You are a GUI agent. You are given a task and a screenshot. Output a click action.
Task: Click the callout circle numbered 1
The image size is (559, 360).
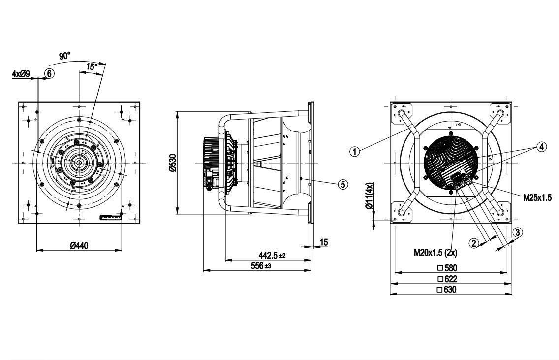pos(354,151)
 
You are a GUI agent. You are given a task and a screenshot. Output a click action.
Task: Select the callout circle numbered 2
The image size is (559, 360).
pos(474,243)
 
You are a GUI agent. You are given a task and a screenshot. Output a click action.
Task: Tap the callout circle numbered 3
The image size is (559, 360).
pos(517,232)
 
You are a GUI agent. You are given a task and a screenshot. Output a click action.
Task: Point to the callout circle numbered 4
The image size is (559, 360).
pos(541,147)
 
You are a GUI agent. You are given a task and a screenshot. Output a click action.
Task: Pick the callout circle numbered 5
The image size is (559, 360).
pos(343,184)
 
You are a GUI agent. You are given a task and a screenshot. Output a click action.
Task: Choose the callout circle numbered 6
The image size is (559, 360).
pos(49,73)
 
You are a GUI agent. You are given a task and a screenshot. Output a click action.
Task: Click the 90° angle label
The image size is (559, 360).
pos(65,56)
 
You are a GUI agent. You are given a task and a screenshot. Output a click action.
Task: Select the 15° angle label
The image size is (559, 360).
pos(92,66)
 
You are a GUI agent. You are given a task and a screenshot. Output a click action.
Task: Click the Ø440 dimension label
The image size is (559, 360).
pos(79,246)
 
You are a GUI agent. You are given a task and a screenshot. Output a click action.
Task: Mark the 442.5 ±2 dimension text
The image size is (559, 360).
pos(272,255)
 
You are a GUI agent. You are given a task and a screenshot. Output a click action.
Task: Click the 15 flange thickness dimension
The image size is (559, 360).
pos(324,242)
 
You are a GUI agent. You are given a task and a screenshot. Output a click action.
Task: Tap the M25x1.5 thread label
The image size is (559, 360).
pos(537,197)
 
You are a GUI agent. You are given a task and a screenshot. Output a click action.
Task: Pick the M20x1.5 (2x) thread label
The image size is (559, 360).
pos(435,252)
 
